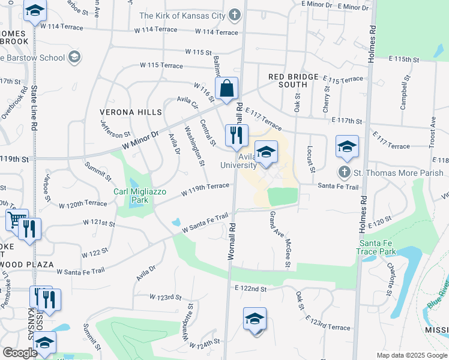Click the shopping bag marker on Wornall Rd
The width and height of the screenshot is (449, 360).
[227, 89]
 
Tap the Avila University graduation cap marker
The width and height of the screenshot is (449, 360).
[266, 152]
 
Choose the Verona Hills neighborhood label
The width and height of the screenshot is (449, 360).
[132, 112]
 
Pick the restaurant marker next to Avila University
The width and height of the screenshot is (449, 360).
[237, 136]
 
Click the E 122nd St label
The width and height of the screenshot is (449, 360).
[250, 289]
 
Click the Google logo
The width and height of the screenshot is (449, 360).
[20, 352]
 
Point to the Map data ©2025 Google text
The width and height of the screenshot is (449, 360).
[411, 355]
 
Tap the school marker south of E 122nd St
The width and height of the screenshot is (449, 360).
[255, 319]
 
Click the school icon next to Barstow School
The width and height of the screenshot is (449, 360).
[74, 57]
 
